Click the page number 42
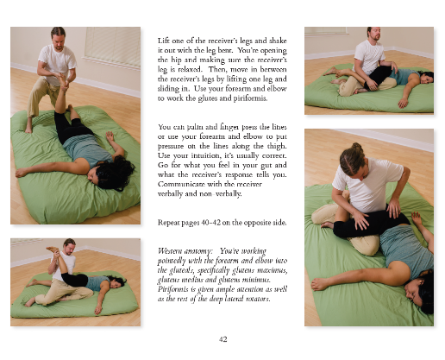pyautogui.click(x=222, y=339)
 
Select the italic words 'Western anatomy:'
pyautogui.click(x=185, y=251)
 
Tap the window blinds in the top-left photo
pyautogui.click(x=112, y=46)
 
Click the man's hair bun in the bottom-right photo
pyautogui.click(x=356, y=148)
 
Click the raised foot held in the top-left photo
pyautogui.click(x=64, y=81)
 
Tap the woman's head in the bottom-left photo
pyautogui.click(x=116, y=281)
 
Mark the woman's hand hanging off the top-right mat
pyautogui.click(x=402, y=103)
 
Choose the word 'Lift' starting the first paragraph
pyautogui.click(x=163, y=41)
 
